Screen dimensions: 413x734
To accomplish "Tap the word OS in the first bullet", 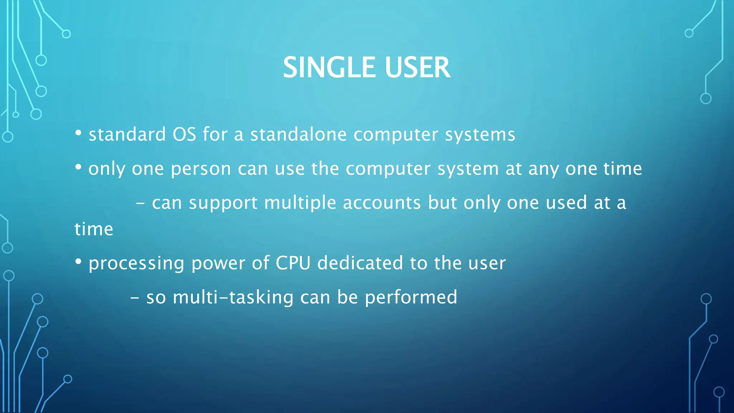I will pyautogui.click(x=184, y=134).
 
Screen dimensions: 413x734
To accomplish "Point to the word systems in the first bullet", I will pyautogui.click(x=480, y=135).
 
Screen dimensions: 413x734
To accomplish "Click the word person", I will pyautogui.click(x=201, y=169).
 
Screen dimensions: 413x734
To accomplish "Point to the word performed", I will pyautogui.click(x=411, y=298).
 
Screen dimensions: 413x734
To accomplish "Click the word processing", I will pyautogui.click(x=137, y=264).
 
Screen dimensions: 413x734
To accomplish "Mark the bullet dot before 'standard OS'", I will pyautogui.click(x=78, y=134).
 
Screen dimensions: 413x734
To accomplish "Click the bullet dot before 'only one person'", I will pyautogui.click(x=78, y=167).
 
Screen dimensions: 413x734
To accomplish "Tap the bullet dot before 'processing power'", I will pyautogui.click(x=78, y=262).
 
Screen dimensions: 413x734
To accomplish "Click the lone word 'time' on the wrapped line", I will pyautogui.click(x=94, y=229).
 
